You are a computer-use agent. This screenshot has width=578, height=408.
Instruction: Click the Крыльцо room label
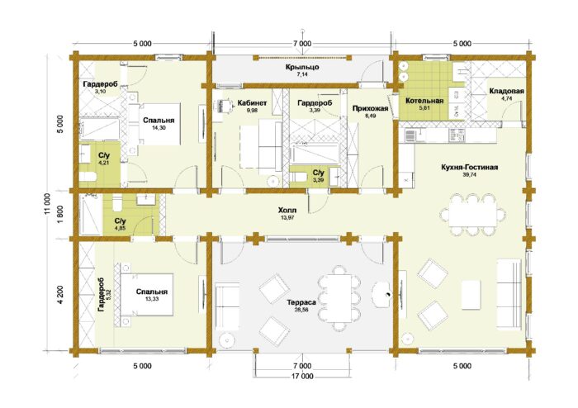click(x=302, y=67)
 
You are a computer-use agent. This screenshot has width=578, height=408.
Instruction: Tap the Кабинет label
click(x=252, y=103)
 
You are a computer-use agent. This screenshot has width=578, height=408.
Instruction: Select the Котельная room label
click(x=424, y=101)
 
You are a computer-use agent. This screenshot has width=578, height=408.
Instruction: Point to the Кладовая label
click(x=506, y=91)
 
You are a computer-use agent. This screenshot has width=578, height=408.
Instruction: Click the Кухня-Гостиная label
click(x=470, y=168)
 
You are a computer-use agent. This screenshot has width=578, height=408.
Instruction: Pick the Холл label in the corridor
click(x=287, y=211)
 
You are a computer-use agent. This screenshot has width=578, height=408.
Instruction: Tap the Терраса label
click(x=301, y=302)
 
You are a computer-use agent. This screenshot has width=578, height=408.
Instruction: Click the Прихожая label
click(x=370, y=108)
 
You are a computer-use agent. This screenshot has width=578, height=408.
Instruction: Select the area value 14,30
click(x=159, y=127)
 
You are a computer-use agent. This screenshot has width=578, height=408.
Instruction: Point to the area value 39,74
click(x=470, y=175)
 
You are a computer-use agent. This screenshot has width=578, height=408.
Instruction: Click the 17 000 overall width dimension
click(x=302, y=377)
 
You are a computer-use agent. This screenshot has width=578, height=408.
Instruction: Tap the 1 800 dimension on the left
click(x=61, y=215)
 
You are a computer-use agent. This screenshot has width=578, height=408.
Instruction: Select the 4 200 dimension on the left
click(x=61, y=295)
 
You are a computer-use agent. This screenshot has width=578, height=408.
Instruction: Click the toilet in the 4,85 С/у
click(x=117, y=203)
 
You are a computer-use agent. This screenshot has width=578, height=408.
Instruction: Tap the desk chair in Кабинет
click(x=224, y=107)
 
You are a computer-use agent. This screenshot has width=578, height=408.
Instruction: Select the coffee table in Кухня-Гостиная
click(x=471, y=295)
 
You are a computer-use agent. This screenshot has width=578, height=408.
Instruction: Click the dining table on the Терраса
click(x=339, y=298)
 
